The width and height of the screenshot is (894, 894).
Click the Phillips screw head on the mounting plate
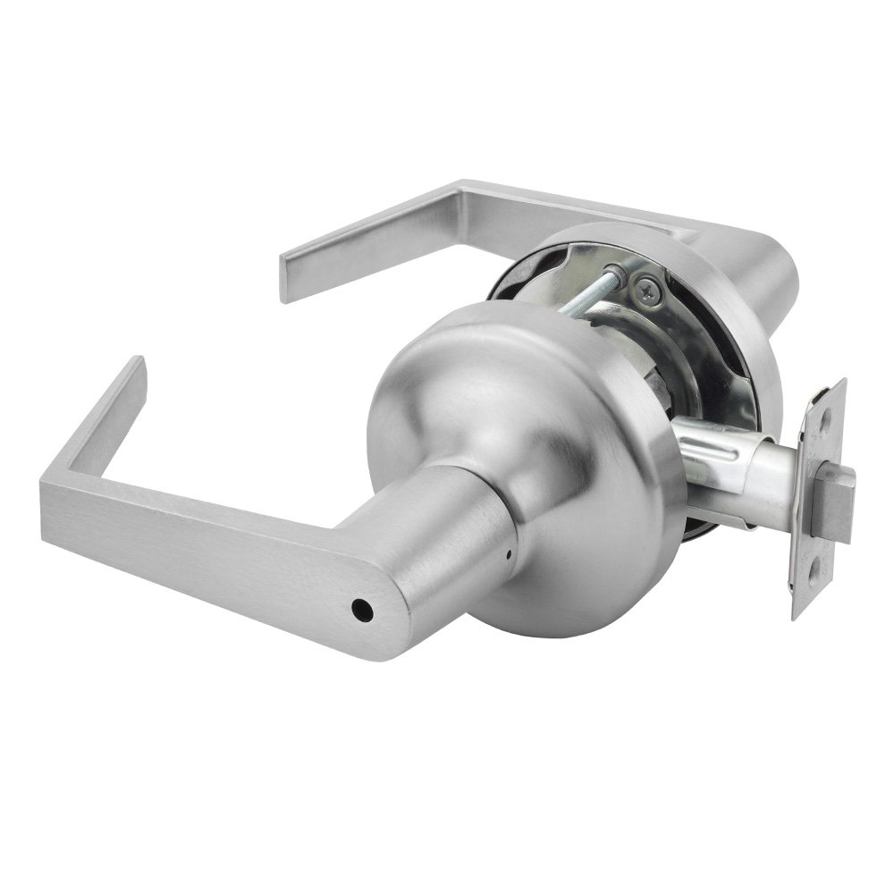(647, 289)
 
